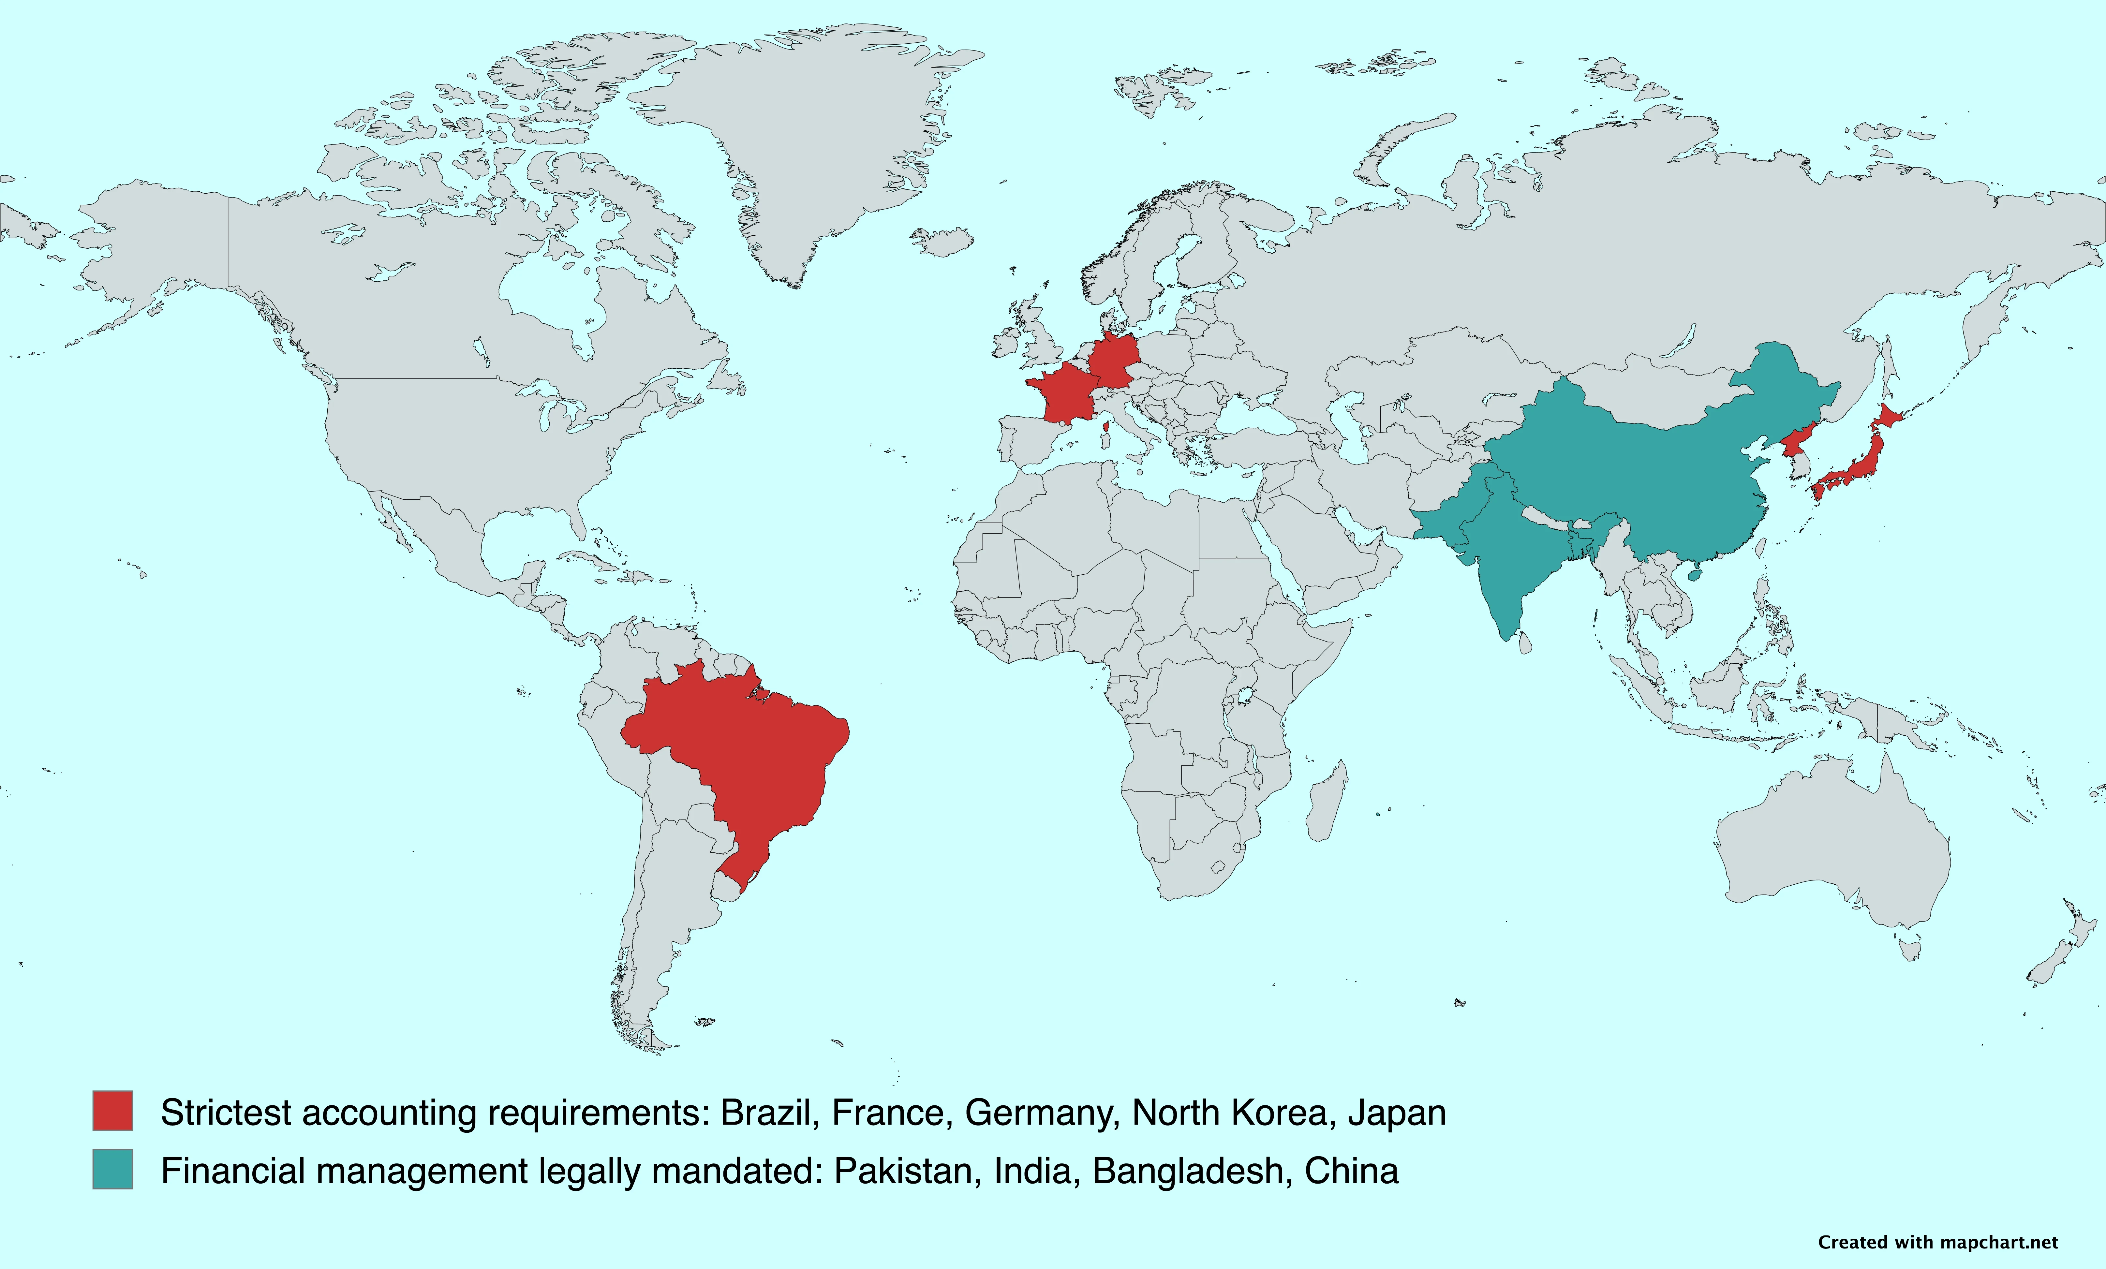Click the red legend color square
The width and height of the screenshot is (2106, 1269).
click(113, 1111)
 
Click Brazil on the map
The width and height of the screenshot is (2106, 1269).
click(752, 752)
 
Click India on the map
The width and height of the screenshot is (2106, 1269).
click(1513, 564)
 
